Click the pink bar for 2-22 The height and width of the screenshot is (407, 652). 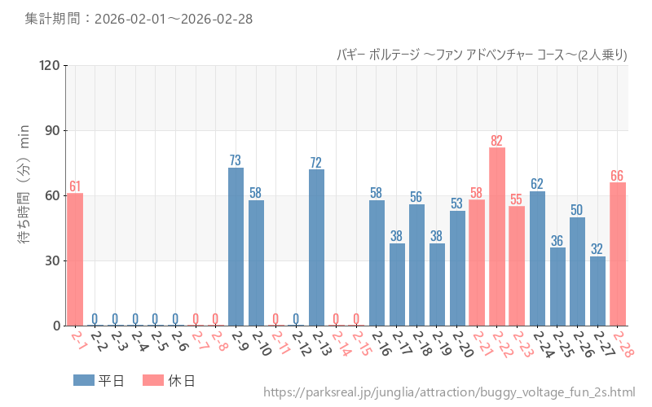coord(497,236)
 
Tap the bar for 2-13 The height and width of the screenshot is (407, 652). coord(316,247)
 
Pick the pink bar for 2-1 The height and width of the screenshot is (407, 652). coord(75,259)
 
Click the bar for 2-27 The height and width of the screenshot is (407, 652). coord(597,291)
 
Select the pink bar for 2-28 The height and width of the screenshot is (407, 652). coord(618,254)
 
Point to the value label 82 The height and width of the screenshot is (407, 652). coord(497,141)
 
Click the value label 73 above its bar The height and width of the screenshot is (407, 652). coord(236,160)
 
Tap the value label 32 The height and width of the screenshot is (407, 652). coord(597,249)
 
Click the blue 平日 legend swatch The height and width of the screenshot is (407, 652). coord(84,380)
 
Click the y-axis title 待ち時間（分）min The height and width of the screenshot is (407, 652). coord(24,195)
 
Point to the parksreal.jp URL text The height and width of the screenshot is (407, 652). coord(449,393)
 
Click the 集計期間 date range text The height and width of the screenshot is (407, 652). coord(138,18)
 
